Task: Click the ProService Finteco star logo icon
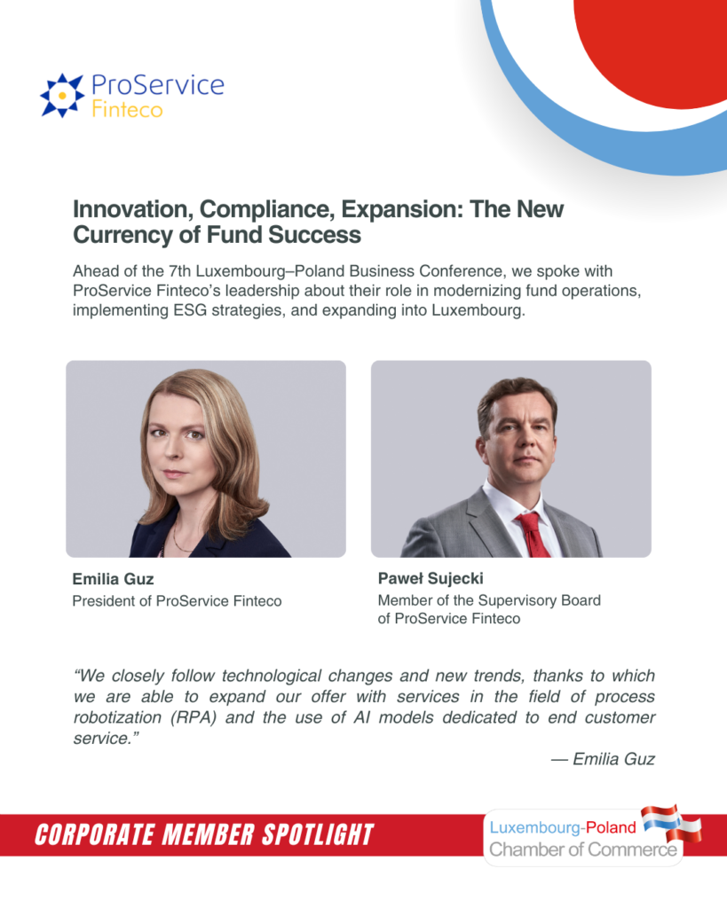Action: click(62, 95)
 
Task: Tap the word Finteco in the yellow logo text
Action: click(128, 109)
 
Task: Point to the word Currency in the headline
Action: click(122, 235)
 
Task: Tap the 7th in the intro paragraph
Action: click(179, 271)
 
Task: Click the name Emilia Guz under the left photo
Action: click(113, 579)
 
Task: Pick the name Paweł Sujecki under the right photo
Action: click(431, 578)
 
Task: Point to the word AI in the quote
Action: click(362, 717)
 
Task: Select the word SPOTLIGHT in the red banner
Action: click(318, 834)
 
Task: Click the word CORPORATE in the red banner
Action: click(94, 834)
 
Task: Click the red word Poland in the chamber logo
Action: click(611, 827)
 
